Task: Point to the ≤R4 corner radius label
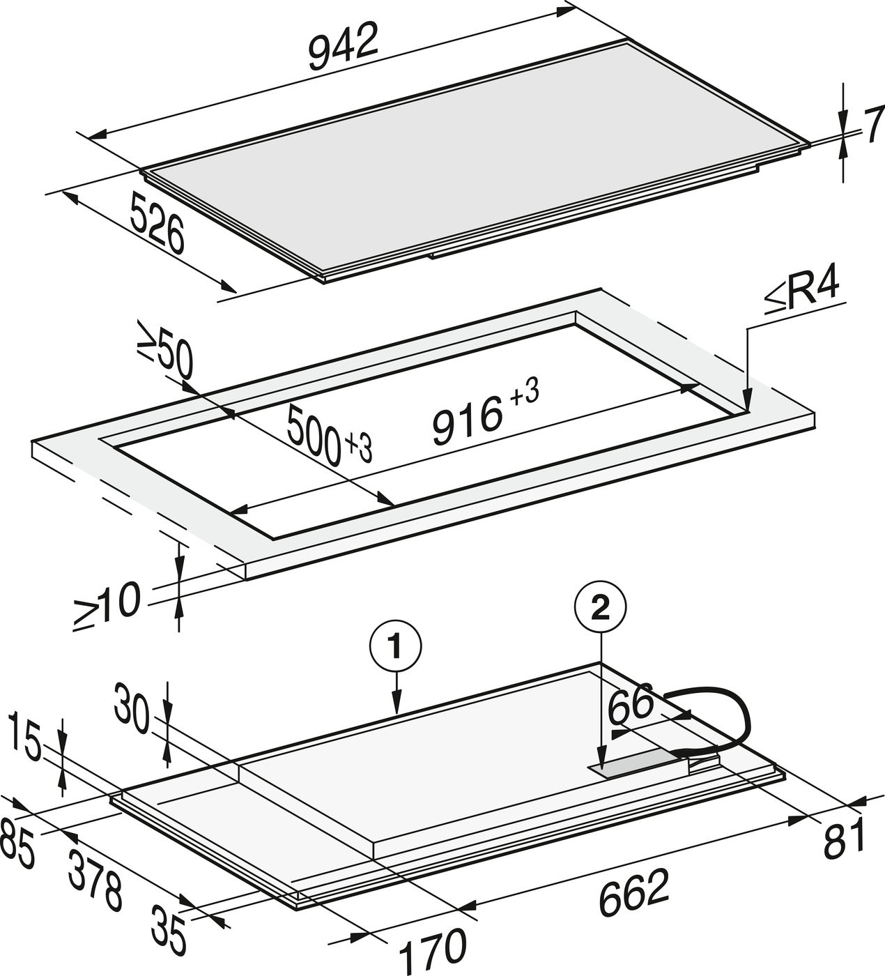[x=802, y=293]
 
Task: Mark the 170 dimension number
[x=433, y=952]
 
